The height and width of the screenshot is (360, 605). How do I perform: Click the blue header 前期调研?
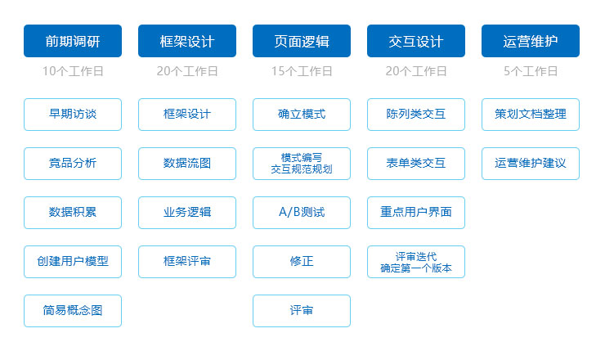tap(73, 41)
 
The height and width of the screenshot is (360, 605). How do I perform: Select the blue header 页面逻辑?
tap(302, 41)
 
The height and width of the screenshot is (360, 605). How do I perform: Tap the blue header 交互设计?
tap(416, 41)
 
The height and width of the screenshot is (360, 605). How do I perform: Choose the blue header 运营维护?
tap(531, 41)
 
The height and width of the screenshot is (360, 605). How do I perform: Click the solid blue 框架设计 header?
tap(187, 41)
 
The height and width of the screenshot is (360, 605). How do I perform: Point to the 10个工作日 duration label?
tap(73, 71)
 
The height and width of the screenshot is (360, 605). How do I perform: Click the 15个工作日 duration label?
tap(302, 71)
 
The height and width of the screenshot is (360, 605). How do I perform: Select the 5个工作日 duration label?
tap(531, 71)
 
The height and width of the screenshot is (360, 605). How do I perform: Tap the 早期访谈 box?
tap(73, 115)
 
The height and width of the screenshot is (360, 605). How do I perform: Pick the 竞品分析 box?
tap(73, 164)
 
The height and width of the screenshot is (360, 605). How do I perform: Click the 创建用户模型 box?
tap(73, 262)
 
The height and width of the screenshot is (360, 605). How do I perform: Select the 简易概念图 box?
tap(73, 311)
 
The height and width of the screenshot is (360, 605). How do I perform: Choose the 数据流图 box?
tap(187, 164)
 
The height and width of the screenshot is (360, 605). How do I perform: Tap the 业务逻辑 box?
tap(187, 213)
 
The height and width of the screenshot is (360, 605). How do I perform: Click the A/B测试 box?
tap(302, 213)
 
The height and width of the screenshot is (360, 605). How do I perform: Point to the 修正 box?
tap(302, 262)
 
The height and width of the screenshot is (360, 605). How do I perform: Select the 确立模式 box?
tap(302, 115)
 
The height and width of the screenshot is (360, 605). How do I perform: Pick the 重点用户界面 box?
tap(416, 213)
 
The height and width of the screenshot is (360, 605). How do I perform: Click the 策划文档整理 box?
tap(531, 115)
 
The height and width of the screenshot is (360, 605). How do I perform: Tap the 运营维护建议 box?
tap(531, 164)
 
